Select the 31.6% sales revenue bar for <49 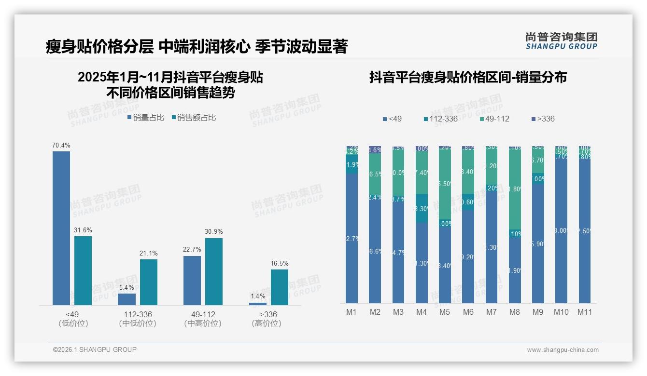pyautogui.click(x=83, y=270)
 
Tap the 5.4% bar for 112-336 pyautogui.click(x=127, y=299)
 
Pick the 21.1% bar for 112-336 pyautogui.click(x=149, y=282)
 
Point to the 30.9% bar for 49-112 pyautogui.click(x=214, y=271)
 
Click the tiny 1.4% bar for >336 pyautogui.click(x=258, y=304)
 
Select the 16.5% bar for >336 pyautogui.click(x=280, y=287)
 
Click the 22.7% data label pyautogui.click(x=192, y=249)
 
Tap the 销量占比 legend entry pyautogui.click(x=146, y=118)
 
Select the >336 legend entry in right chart pyautogui.click(x=543, y=119)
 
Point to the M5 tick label pyautogui.click(x=445, y=312)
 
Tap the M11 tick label pyautogui.click(x=585, y=312)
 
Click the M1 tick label pyautogui.click(x=352, y=312)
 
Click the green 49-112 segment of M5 pyautogui.click(x=445, y=183)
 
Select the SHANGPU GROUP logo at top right pyautogui.click(x=561, y=41)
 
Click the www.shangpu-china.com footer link pyautogui.click(x=563, y=350)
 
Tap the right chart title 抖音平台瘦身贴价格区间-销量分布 pyautogui.click(x=468, y=77)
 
